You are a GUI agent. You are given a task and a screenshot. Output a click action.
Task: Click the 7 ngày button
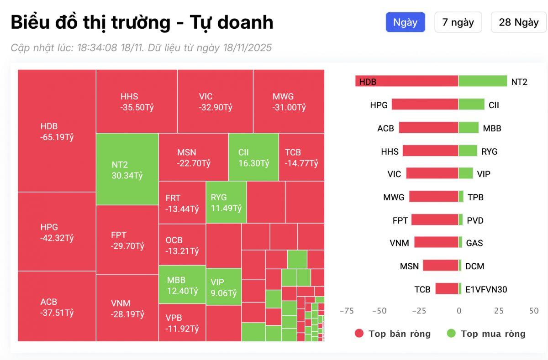pos(458,22)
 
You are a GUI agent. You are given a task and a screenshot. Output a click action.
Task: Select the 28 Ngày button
pos(518,22)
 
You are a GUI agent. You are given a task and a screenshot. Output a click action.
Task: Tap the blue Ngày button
pos(405,22)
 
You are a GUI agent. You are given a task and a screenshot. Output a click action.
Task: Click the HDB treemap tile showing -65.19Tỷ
pos(57,131)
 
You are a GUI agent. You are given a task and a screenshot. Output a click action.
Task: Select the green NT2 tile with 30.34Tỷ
pos(127,169)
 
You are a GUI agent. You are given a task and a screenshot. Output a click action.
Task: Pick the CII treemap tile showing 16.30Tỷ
pos(253,157)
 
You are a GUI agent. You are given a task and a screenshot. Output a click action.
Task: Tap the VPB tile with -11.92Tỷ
pos(182,323)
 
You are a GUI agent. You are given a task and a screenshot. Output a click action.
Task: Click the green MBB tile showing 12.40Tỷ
pos(182,285)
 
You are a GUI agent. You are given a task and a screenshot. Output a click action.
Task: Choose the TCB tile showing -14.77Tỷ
pos(301,157)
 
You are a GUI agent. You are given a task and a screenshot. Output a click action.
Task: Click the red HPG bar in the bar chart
pos(425,104)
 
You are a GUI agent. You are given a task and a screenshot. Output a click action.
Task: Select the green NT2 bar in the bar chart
pos(483,81)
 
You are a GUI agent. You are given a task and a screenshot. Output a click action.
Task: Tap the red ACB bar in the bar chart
pos(428,128)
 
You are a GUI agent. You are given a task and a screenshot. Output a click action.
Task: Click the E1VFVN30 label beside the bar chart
pos(486,289)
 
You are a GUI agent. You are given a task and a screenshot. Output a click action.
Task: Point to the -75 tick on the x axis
pos(347,311)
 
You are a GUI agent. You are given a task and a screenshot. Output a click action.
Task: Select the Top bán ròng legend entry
pos(393,334)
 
